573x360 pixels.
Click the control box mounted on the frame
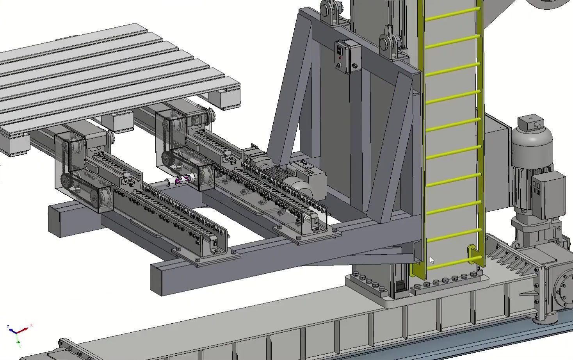[x=347, y=57]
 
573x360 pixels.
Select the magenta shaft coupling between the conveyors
[x=183, y=180]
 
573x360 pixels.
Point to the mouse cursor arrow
[x=431, y=260]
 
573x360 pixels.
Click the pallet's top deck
[x=98, y=74]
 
